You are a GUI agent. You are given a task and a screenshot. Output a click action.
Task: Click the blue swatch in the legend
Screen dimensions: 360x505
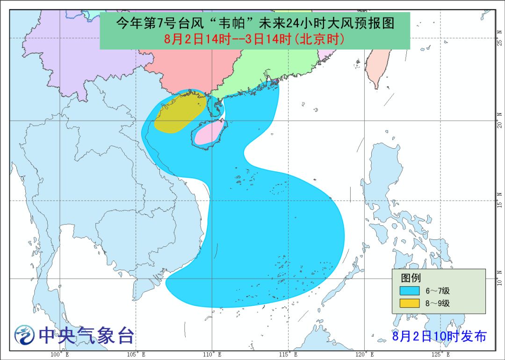pyautogui.click(x=409, y=291)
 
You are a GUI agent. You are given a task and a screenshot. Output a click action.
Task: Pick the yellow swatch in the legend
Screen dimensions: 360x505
pyautogui.click(x=409, y=303)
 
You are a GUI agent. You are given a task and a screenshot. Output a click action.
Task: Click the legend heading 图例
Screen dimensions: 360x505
pyautogui.click(x=411, y=278)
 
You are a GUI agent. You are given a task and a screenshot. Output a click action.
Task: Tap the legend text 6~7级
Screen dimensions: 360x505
pyautogui.click(x=437, y=291)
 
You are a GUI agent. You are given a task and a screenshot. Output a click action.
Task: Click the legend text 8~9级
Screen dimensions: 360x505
pyautogui.click(x=437, y=303)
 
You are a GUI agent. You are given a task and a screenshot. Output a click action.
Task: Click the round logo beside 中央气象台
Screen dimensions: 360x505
pyautogui.click(x=24, y=335)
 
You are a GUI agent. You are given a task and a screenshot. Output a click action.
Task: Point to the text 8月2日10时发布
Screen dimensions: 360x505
pyautogui.click(x=439, y=336)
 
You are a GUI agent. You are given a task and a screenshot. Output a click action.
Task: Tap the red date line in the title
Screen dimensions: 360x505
pyautogui.click(x=255, y=39)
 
